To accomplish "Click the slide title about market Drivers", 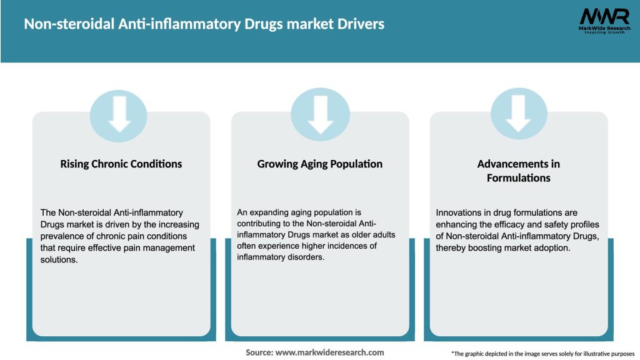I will pos(204,24).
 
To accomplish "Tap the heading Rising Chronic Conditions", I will pos(121,164).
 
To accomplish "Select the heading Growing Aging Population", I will pos(319,164).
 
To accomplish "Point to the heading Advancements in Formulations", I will pos(518,171).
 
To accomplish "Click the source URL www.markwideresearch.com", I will pos(329,352).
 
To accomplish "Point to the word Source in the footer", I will pos(258,352).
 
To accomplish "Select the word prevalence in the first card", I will pos(62,236).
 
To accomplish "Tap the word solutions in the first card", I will pos(58,259).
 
